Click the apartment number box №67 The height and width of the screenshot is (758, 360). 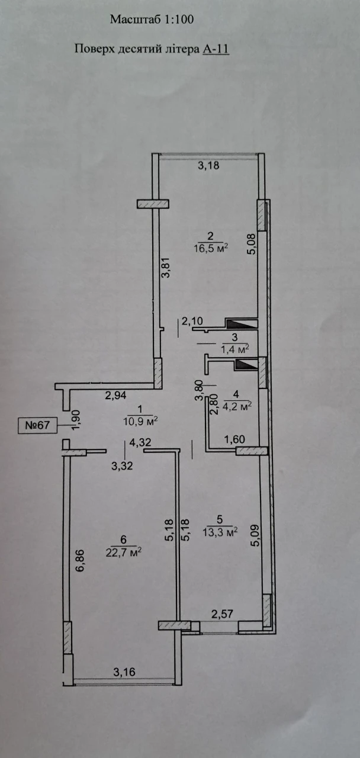pyautogui.click(x=37, y=425)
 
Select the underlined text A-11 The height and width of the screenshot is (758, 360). pyautogui.click(x=216, y=49)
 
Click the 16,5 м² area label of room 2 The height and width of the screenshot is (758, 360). pyautogui.click(x=211, y=248)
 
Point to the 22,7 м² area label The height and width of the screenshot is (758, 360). pyautogui.click(x=123, y=553)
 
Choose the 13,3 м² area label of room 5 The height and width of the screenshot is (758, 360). pyautogui.click(x=220, y=532)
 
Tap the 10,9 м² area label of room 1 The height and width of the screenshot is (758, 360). pyautogui.click(x=140, y=421)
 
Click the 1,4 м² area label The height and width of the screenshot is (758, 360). pyautogui.click(x=235, y=349)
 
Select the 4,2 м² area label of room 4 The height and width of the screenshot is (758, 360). pyautogui.click(x=237, y=406)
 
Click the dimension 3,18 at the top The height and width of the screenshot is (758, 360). pyautogui.click(x=208, y=165)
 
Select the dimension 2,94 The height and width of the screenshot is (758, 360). pyautogui.click(x=115, y=395)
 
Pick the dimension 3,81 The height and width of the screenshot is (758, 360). pyautogui.click(x=166, y=268)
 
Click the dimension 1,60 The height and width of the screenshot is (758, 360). pyautogui.click(x=234, y=439)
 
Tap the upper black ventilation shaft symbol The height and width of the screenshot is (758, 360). pyautogui.click(x=240, y=324)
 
